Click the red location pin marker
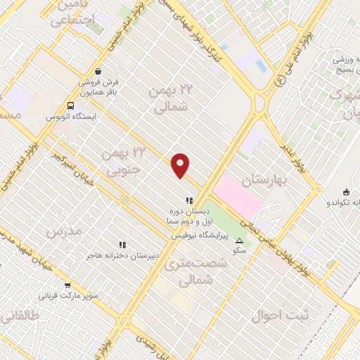click(x=181, y=166)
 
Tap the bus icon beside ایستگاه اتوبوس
click(x=70, y=106)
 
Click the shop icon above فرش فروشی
click(x=98, y=72)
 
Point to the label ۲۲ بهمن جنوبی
click(x=123, y=160)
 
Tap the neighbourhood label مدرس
click(x=60, y=231)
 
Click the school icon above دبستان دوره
click(x=188, y=201)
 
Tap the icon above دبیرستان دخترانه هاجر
click(x=122, y=245)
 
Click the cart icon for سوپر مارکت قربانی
click(x=67, y=285)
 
